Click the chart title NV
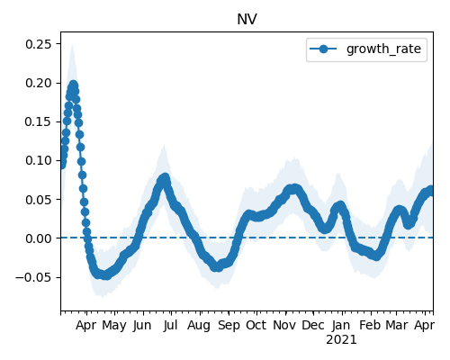pyautogui.click(x=247, y=20)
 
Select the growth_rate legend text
pyautogui.click(x=383, y=49)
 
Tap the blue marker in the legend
pyautogui.click(x=323, y=49)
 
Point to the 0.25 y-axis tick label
pyautogui.click(x=39, y=44)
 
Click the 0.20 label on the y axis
pyautogui.click(x=39, y=83)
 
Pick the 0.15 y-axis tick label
pyautogui.click(x=39, y=121)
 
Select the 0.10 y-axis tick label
pyautogui.click(x=39, y=160)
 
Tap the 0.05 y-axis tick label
pyautogui.click(x=39, y=200)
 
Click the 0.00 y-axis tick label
pyautogui.click(x=39, y=238)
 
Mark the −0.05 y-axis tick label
pyautogui.click(x=33, y=277)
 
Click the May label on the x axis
pyautogui.click(x=114, y=326)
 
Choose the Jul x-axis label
pyautogui.click(x=171, y=325)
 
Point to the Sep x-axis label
pyautogui.click(x=229, y=326)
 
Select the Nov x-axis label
pyautogui.click(x=284, y=325)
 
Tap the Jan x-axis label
pyautogui.click(x=341, y=325)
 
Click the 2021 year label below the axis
pyautogui.click(x=341, y=340)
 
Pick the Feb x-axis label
pyautogui.click(x=370, y=325)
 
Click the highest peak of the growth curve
pyautogui.click(x=74, y=85)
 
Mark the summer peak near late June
pyautogui.click(x=165, y=177)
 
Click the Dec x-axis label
pyautogui.click(x=313, y=325)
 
